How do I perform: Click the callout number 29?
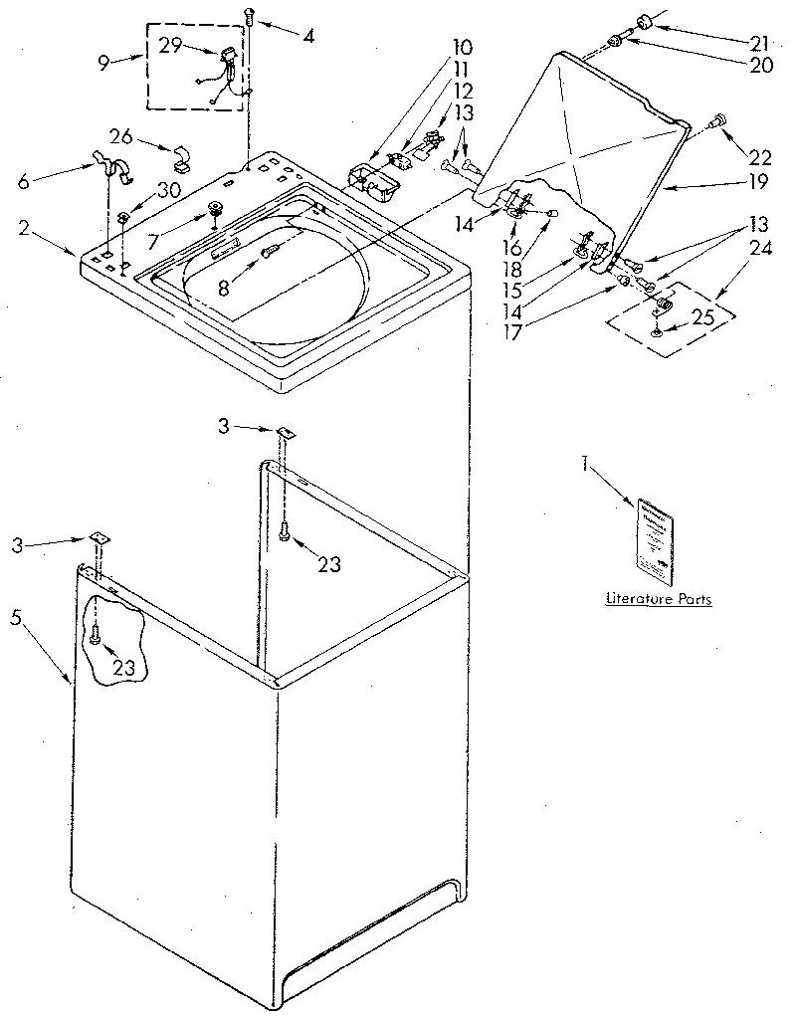click(x=170, y=46)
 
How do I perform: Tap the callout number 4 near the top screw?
click(x=308, y=37)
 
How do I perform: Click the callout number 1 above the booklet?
click(x=586, y=464)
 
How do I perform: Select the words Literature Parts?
click(x=659, y=599)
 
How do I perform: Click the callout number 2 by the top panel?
click(x=22, y=228)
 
